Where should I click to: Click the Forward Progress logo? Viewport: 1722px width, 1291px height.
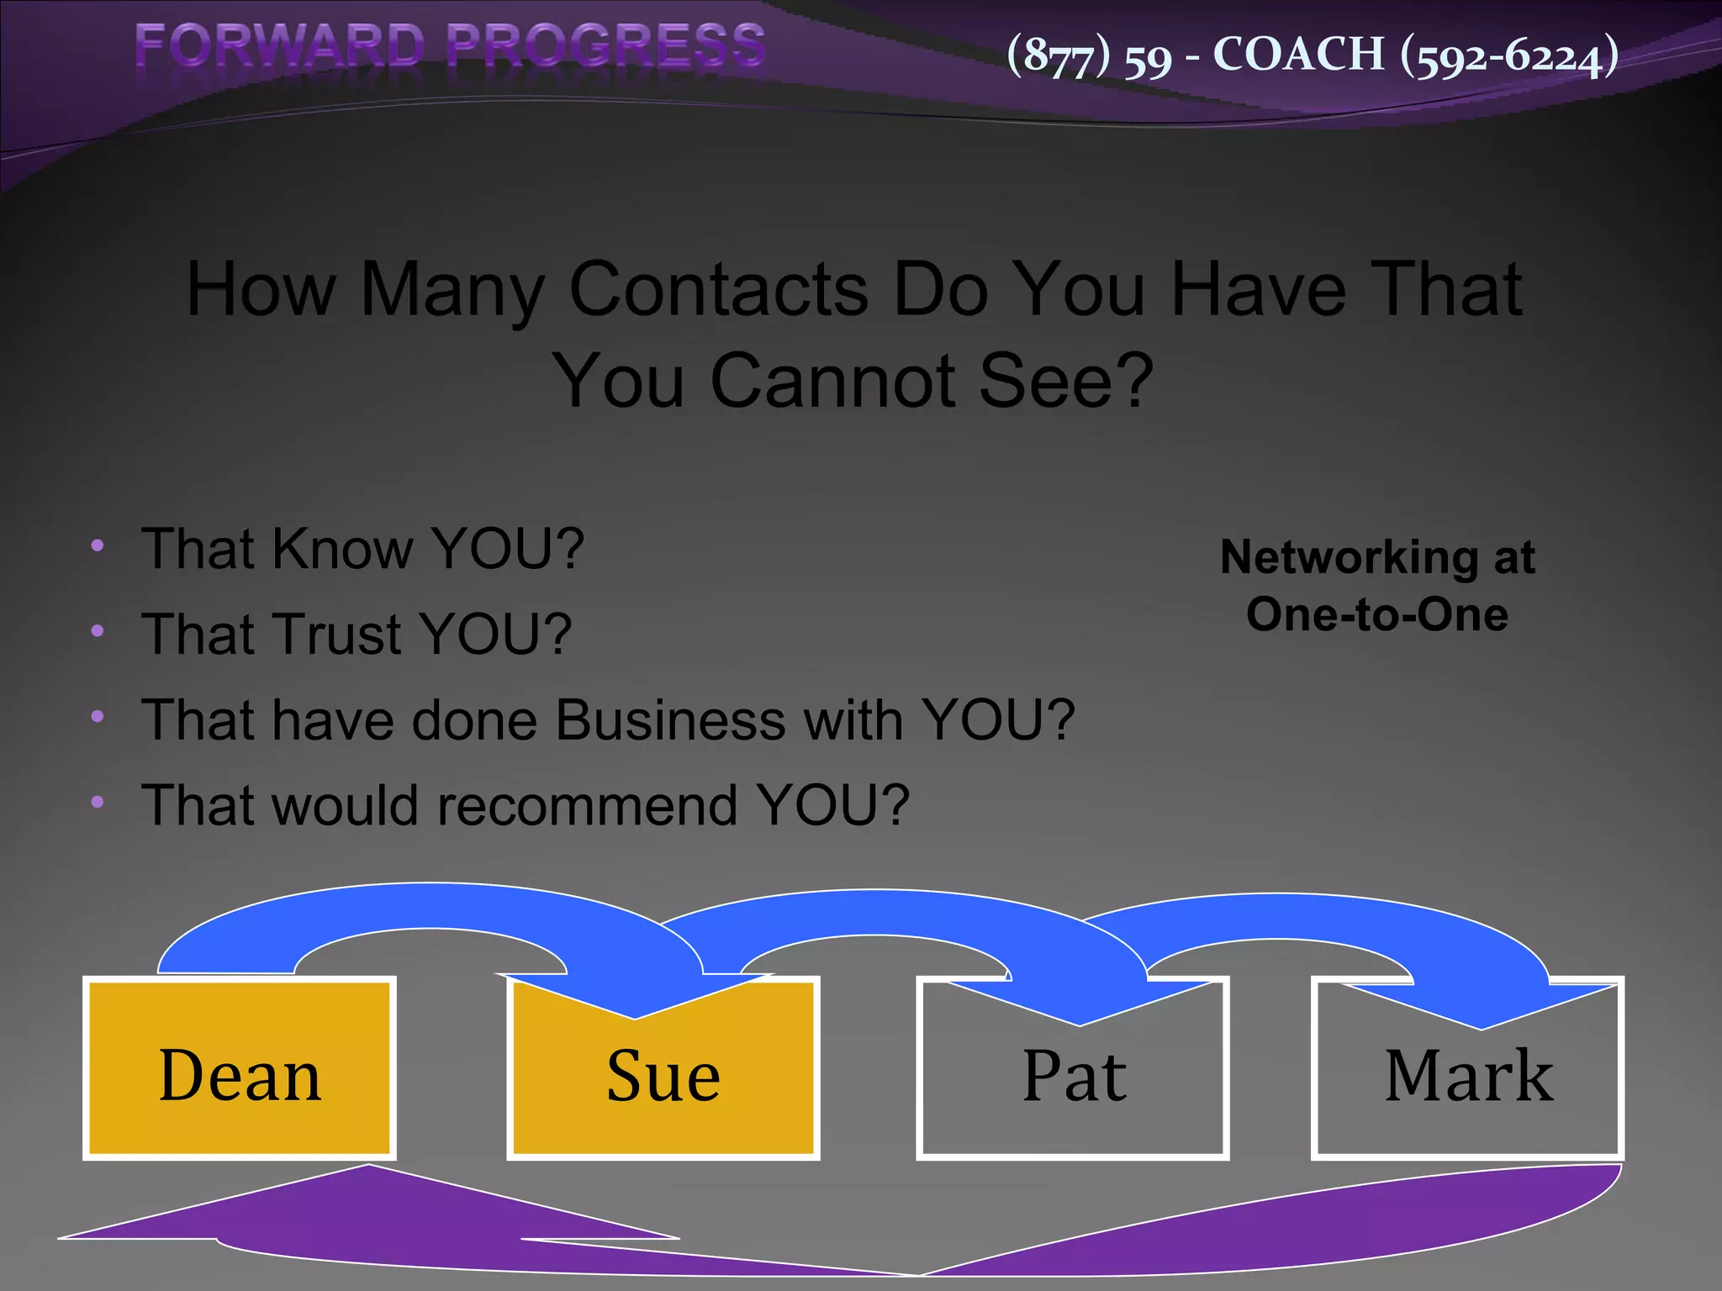(x=450, y=45)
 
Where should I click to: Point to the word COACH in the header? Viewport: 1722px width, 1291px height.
(x=1298, y=55)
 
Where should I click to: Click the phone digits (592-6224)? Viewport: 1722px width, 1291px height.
(x=1509, y=56)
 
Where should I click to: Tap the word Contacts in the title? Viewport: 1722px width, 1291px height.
(x=718, y=289)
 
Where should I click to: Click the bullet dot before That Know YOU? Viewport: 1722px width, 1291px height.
(x=98, y=546)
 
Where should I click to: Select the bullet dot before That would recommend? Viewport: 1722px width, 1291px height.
(x=98, y=803)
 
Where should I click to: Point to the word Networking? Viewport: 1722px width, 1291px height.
(x=1349, y=557)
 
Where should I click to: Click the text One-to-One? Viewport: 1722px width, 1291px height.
(x=1376, y=614)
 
